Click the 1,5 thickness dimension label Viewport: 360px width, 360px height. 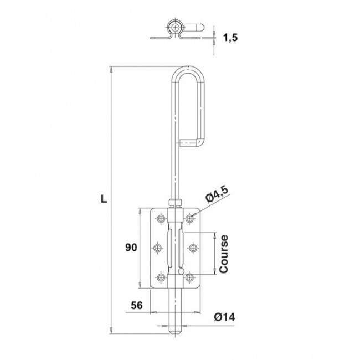point(230,38)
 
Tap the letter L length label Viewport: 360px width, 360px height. point(104,199)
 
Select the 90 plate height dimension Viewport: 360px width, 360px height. point(131,248)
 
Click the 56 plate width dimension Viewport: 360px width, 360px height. point(137,306)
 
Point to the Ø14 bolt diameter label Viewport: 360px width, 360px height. point(224,317)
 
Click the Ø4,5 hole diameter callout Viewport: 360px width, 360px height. point(217,195)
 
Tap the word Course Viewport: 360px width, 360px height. point(224,254)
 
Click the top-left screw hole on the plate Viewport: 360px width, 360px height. point(161,218)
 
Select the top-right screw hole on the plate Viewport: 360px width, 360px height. point(189,218)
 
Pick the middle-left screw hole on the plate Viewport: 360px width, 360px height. point(157,248)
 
